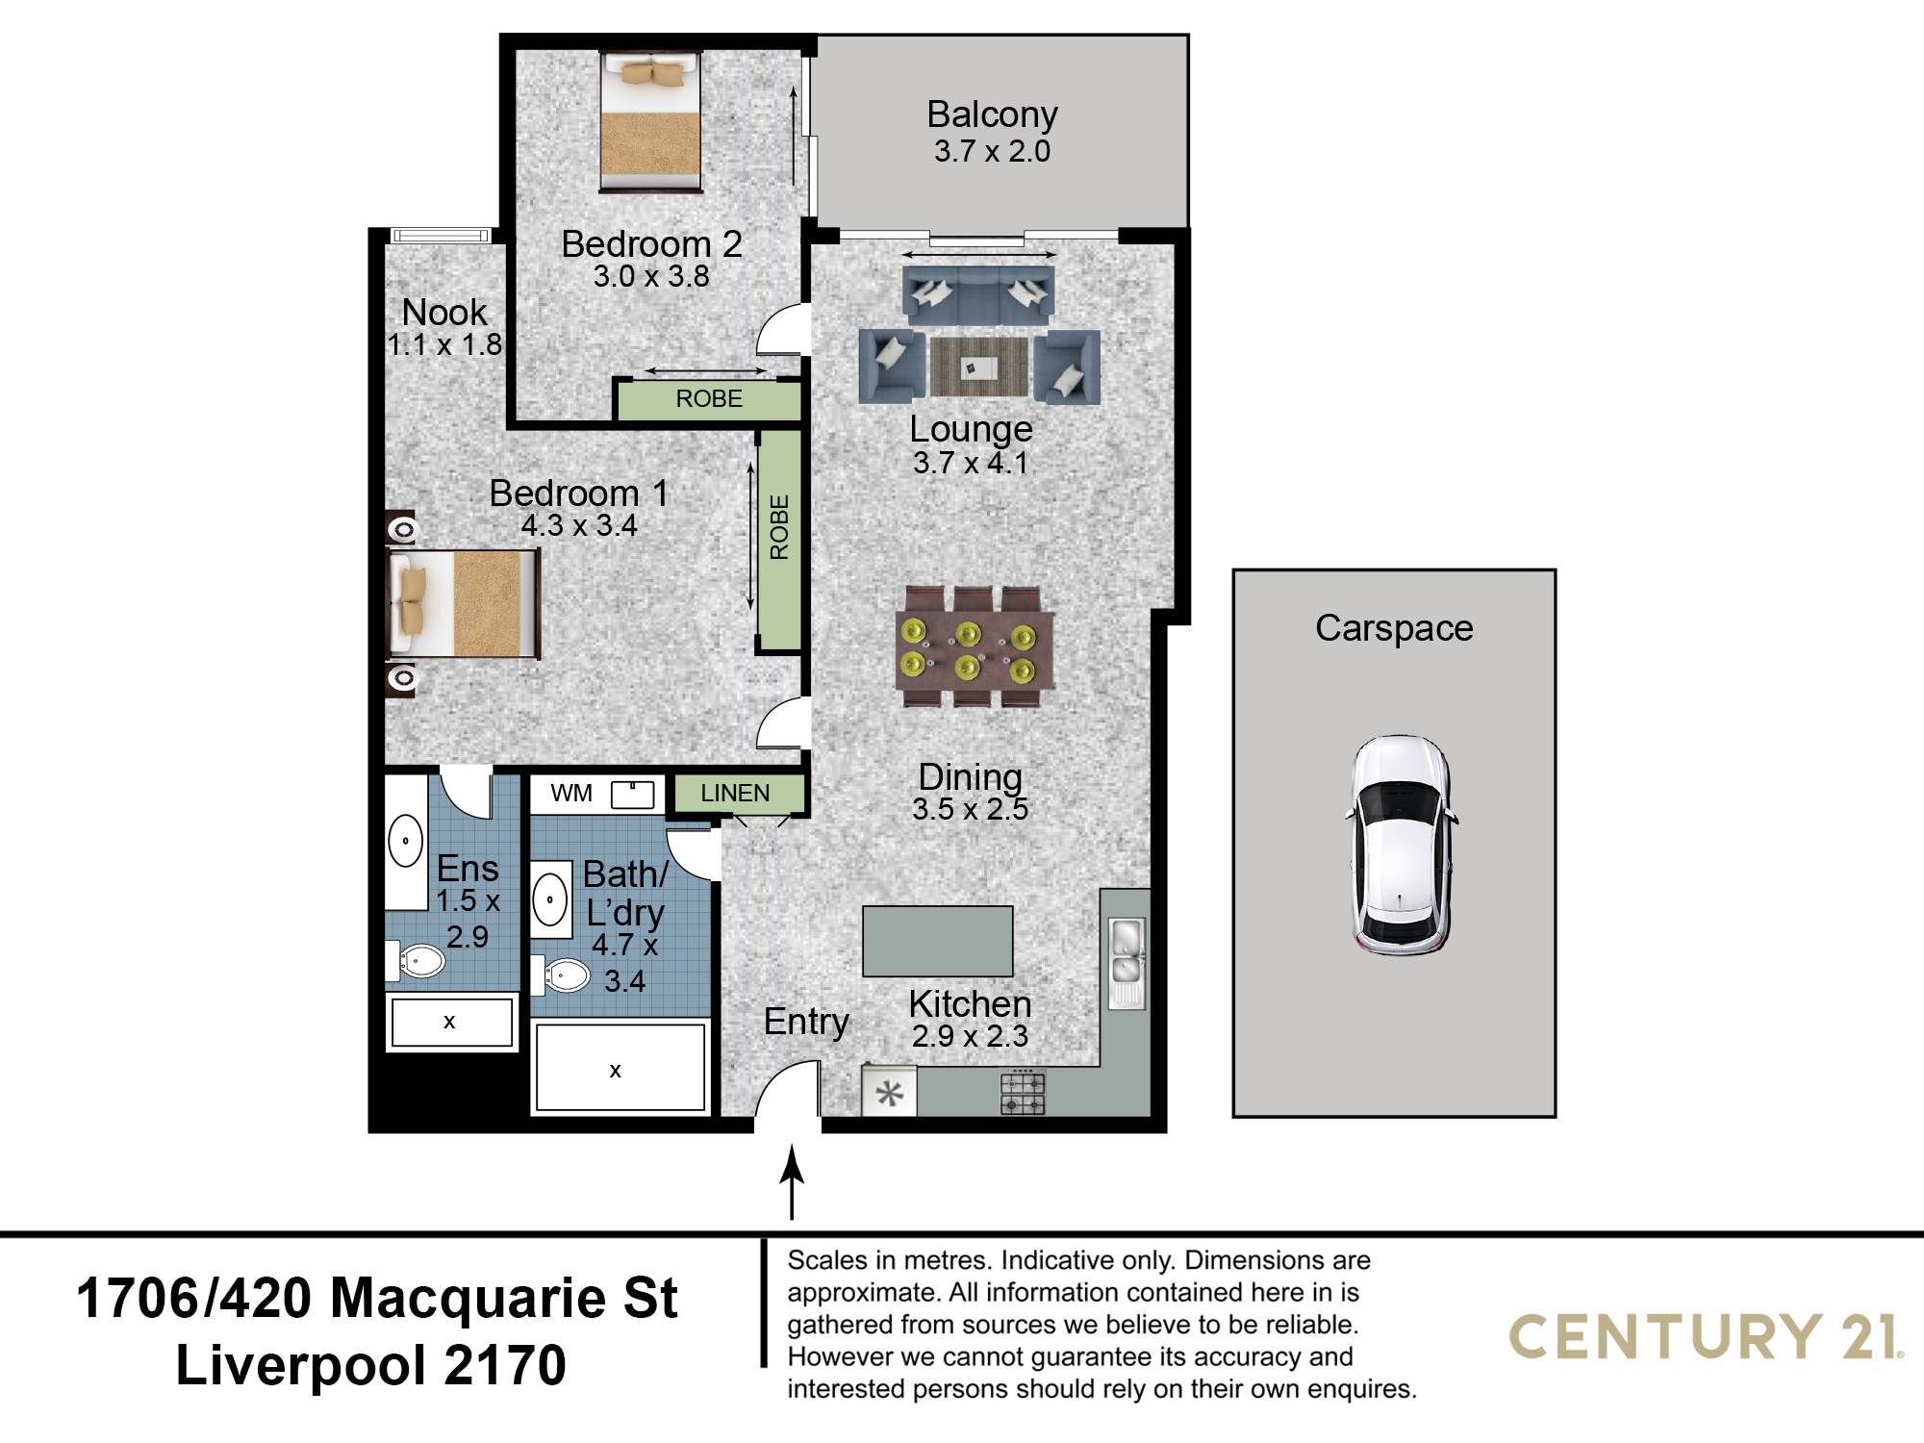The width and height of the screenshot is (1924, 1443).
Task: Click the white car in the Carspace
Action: tap(1401, 846)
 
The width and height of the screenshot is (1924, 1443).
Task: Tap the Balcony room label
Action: tap(992, 114)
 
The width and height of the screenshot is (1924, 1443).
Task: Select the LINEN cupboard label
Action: tap(735, 793)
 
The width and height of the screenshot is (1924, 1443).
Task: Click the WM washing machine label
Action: tap(571, 793)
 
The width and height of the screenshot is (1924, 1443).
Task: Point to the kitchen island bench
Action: tap(938, 941)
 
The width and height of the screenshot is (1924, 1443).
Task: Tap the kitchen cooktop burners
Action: tap(1022, 1092)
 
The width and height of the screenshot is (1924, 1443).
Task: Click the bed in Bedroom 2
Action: tap(650, 121)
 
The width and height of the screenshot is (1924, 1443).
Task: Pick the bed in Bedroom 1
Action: tap(463, 604)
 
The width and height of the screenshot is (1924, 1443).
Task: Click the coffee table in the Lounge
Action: tap(979, 366)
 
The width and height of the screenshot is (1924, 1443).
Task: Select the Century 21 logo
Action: tap(1706, 1337)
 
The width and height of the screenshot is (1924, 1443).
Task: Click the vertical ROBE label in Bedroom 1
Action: tap(779, 527)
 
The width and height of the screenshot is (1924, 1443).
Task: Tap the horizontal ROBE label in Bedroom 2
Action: tap(709, 398)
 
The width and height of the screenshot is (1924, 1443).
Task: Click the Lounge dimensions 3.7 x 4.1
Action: tap(971, 463)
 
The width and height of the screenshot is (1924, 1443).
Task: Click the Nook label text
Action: tap(444, 312)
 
